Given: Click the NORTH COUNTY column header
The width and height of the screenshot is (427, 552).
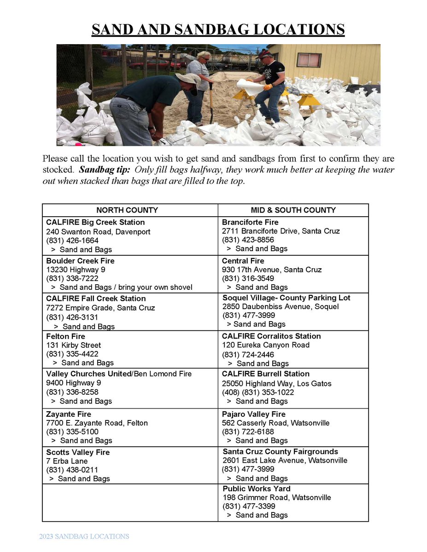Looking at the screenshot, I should [x=127, y=210].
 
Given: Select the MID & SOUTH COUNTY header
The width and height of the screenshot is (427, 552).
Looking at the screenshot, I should [x=293, y=210].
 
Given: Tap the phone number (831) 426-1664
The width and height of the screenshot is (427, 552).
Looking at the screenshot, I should [x=72, y=241].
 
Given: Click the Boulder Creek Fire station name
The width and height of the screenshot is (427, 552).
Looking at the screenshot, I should [x=80, y=261].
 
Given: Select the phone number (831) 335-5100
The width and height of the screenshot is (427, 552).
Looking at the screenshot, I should [x=72, y=431].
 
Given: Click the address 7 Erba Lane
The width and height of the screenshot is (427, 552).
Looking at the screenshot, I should [x=67, y=461].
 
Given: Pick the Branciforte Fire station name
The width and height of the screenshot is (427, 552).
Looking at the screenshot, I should [x=250, y=222].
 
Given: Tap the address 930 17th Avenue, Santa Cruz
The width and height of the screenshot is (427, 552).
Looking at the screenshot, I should [x=272, y=270].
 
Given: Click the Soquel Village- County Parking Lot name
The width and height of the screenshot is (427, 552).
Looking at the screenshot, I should [x=286, y=298].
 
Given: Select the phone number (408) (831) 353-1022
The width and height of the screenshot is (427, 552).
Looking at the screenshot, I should [x=258, y=392].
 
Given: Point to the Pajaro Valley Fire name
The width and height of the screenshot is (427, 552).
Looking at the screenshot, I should [x=254, y=414].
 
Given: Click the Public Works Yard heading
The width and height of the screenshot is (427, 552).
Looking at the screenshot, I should [x=257, y=489].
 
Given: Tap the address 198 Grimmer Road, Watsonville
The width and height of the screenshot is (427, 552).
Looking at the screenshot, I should [x=276, y=497].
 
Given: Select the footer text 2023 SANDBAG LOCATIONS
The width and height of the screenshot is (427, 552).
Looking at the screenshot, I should [x=84, y=536].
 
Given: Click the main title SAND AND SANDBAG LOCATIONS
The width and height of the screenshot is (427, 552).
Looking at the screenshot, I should [x=218, y=29].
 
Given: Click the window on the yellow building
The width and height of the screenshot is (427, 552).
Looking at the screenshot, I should [x=309, y=60].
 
